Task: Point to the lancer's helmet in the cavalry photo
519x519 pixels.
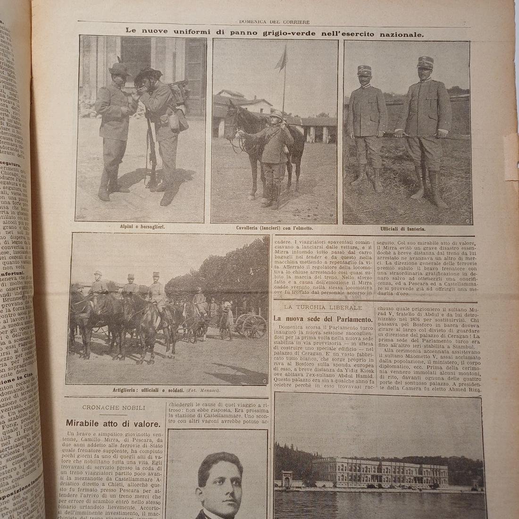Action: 275,115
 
